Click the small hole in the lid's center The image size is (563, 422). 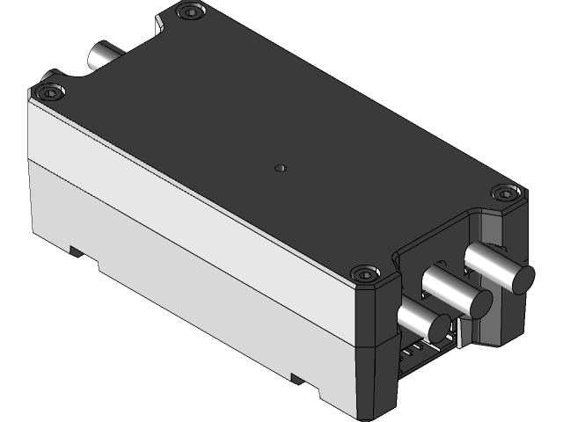pyautogui.click(x=280, y=166)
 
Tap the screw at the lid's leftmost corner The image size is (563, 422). pyautogui.click(x=50, y=91)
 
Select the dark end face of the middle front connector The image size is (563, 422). pyautogui.click(x=480, y=303)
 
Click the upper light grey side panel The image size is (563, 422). pyautogui.click(x=176, y=193)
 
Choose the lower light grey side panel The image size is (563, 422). pyautogui.click(x=176, y=281)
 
